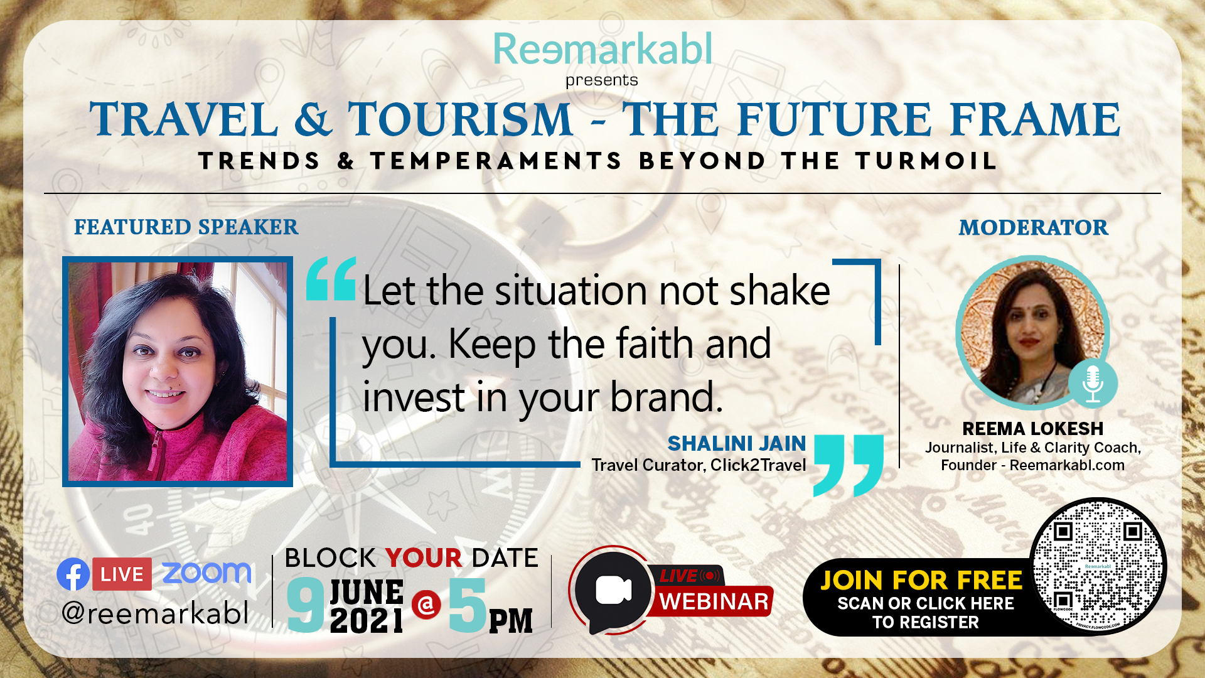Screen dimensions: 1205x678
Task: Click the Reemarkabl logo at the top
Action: (602, 49)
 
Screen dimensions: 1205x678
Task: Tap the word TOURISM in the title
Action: (461, 119)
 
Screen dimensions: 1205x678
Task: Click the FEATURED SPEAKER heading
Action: (186, 227)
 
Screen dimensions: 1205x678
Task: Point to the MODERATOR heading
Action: (1033, 227)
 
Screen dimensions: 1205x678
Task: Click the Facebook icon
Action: (73, 574)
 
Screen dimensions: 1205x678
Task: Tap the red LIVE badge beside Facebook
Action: (122, 574)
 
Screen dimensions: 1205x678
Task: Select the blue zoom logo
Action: (206, 573)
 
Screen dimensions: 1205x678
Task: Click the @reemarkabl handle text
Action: (155, 613)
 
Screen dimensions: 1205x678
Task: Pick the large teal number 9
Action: (306, 605)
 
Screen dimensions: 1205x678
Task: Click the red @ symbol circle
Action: (427, 605)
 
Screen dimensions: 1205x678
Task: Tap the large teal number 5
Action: (468, 605)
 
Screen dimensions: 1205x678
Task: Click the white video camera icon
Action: (613, 590)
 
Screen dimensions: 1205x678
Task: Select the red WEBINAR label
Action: (714, 601)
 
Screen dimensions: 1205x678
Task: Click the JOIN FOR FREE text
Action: (921, 581)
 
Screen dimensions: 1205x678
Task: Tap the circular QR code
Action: (1098, 566)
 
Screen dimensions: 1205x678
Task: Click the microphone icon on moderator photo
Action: (1093, 384)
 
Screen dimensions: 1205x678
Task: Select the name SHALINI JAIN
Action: (737, 443)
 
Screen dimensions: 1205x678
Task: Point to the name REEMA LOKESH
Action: (1032, 428)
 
